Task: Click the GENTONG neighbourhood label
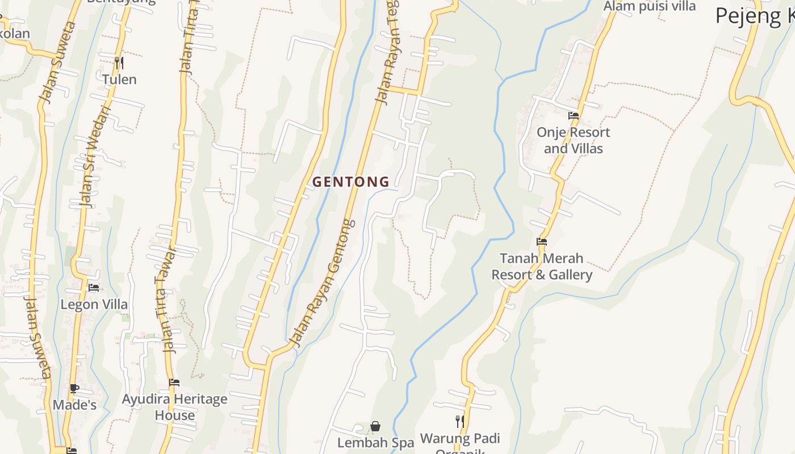click(x=351, y=182)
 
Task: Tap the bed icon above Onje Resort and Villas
click(x=574, y=116)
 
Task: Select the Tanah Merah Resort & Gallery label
click(x=542, y=267)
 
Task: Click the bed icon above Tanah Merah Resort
click(x=542, y=242)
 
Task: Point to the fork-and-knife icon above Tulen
click(x=119, y=62)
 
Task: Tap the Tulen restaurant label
click(x=119, y=79)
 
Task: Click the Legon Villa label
click(x=94, y=305)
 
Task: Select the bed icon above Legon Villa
click(x=94, y=288)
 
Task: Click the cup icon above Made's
click(x=74, y=389)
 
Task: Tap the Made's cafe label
click(x=74, y=405)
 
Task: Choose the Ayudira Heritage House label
click(x=174, y=407)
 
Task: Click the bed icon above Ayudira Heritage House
click(x=174, y=382)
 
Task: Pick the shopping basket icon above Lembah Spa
click(x=375, y=426)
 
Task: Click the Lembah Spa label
click(x=375, y=443)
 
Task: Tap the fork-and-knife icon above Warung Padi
click(x=460, y=421)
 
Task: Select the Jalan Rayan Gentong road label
click(x=323, y=283)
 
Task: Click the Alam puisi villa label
click(x=649, y=6)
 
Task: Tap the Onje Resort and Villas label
click(x=574, y=140)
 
